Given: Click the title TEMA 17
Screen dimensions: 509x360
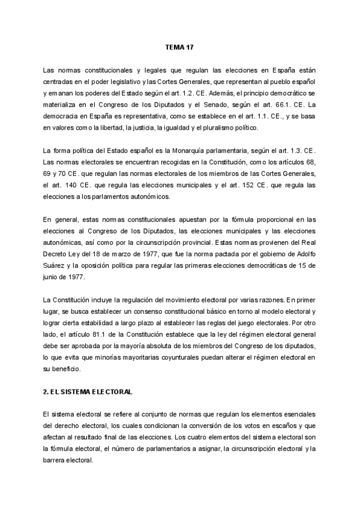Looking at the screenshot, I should tap(179, 46).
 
